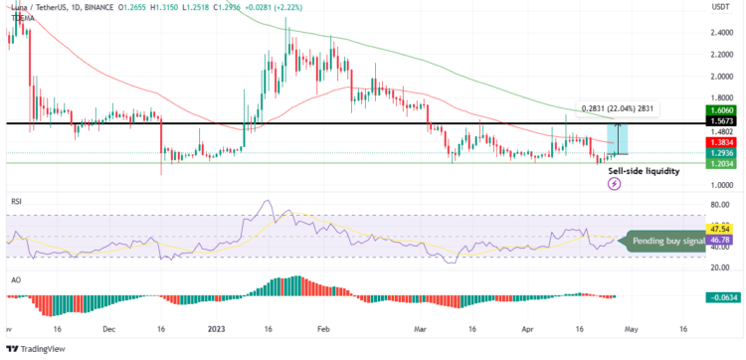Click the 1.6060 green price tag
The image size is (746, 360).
pos(721,111)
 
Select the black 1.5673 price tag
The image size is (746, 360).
pos(721,121)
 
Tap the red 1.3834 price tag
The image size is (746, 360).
pos(721,143)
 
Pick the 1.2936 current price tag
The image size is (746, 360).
pos(721,154)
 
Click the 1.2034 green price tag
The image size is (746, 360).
pos(721,164)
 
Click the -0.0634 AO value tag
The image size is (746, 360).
pos(720,297)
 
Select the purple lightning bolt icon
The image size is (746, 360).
pos(614,184)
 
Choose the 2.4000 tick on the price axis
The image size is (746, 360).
pos(721,32)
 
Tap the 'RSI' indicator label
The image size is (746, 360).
pos(16,201)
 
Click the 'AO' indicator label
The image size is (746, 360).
pos(15,279)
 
